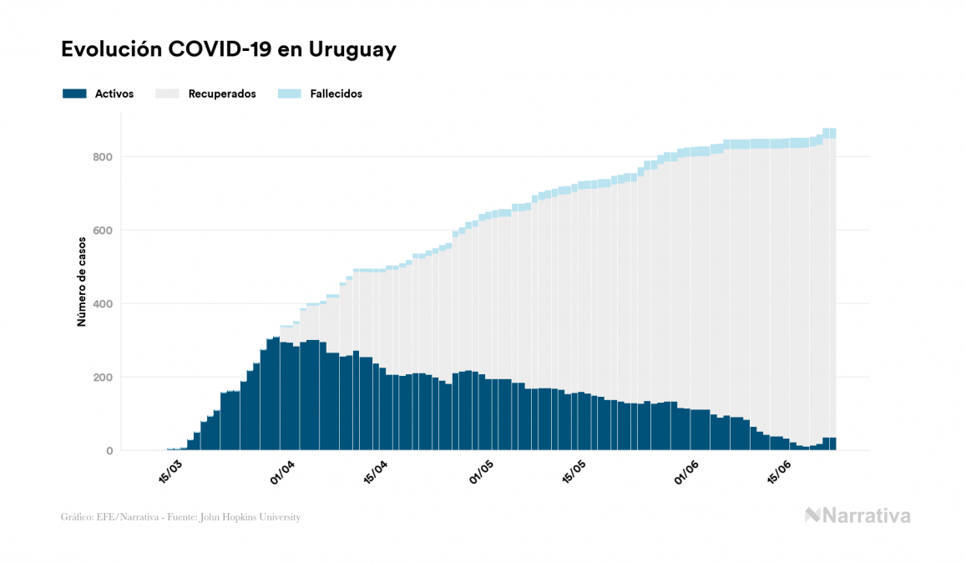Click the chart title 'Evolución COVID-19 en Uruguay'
[228, 50]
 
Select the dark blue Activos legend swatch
[74, 94]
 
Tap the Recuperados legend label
[222, 94]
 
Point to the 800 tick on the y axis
[102, 157]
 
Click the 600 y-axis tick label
[102, 231]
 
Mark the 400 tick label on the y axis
[102, 304]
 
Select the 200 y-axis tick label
[102, 378]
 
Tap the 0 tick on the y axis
[109, 451]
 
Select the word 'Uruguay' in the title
[352, 50]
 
